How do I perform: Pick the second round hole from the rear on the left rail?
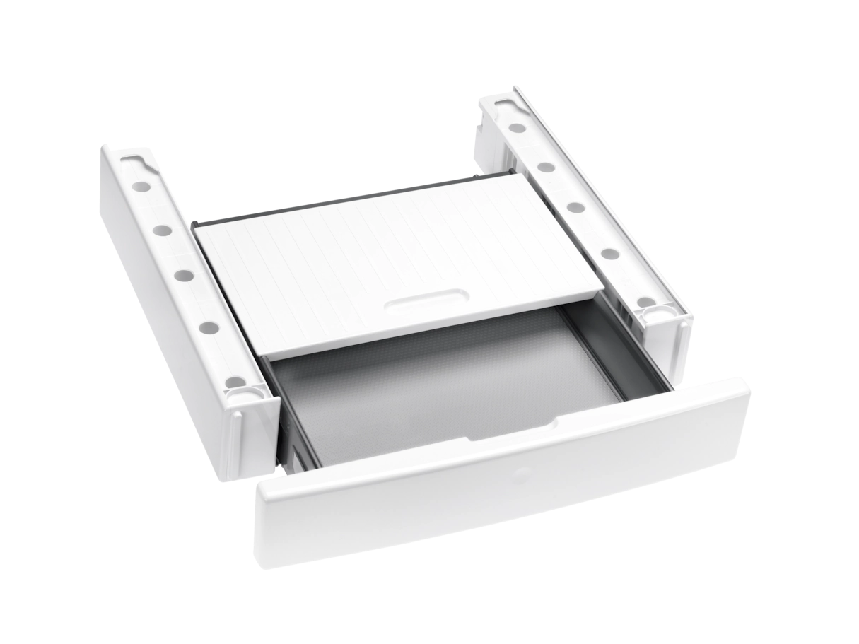pyautogui.click(x=162, y=230)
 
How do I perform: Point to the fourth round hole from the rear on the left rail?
pyautogui.click(x=208, y=327)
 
